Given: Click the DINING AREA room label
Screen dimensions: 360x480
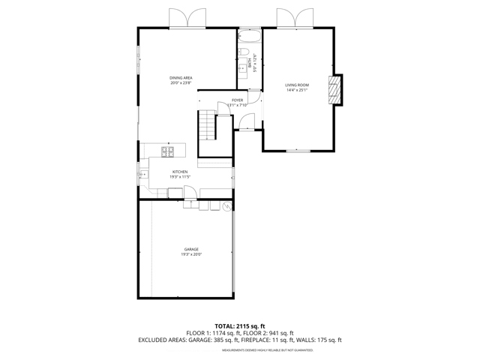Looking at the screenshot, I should (x=180, y=78).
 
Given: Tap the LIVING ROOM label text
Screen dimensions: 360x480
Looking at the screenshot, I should (x=296, y=85).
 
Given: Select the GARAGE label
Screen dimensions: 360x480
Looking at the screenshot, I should (x=191, y=249).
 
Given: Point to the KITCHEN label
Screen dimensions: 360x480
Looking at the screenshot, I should (x=180, y=172).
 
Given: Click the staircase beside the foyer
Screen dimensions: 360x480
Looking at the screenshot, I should (x=205, y=124).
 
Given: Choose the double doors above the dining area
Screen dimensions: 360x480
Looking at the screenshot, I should (x=187, y=18).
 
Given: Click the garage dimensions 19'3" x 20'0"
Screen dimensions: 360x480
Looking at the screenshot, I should (x=191, y=254).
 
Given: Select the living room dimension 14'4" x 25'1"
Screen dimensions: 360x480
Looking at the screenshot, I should (x=296, y=91).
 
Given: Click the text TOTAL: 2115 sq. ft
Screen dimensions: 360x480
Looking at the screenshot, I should (x=239, y=325).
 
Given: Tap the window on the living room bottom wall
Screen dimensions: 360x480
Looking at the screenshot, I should (x=298, y=151).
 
